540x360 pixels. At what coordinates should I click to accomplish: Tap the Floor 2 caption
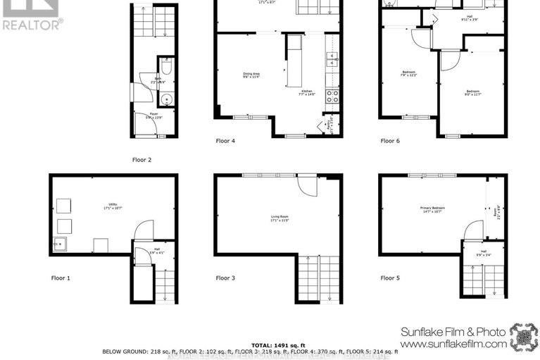(x=142, y=160)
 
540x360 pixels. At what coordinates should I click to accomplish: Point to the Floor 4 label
(x=225, y=141)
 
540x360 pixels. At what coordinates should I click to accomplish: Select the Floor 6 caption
(x=390, y=141)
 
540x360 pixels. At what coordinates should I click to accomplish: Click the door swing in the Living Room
(x=307, y=185)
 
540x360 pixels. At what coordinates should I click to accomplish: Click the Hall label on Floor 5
(x=484, y=251)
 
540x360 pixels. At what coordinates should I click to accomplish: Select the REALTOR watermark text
(x=32, y=25)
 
